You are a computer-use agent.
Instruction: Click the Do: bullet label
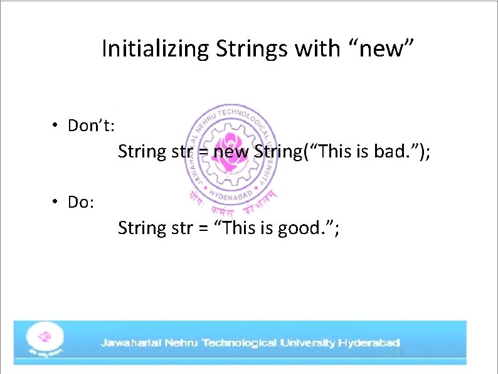point(81,203)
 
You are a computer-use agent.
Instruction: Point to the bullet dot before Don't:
point(56,126)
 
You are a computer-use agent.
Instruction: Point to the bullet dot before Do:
point(56,202)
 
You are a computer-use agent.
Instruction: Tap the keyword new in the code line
point(231,152)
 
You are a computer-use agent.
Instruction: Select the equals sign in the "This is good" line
point(203,228)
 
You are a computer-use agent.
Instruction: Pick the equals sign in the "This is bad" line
point(203,152)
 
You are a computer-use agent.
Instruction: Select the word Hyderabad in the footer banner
point(369,343)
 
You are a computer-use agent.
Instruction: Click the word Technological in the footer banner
point(238,343)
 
